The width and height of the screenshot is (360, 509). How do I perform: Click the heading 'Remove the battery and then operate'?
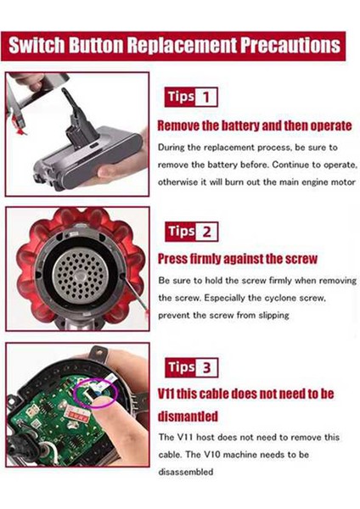click(x=255, y=126)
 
